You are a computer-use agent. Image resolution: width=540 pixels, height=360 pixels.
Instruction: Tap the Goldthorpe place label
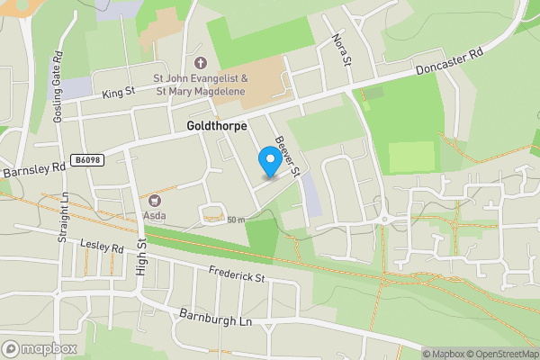pyautogui.click(x=217, y=127)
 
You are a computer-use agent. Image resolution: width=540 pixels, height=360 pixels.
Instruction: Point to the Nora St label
pyautogui.click(x=339, y=50)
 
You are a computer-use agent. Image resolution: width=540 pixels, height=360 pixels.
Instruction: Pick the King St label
pyautogui.click(x=117, y=92)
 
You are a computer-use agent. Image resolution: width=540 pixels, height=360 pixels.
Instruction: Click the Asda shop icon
pyautogui.click(x=155, y=201)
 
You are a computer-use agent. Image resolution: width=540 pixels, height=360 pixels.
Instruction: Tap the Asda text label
pyautogui.click(x=154, y=216)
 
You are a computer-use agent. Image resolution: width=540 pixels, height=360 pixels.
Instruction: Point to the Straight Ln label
pyautogui.click(x=64, y=217)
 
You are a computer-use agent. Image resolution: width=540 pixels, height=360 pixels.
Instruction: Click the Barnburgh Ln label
pyautogui.click(x=212, y=319)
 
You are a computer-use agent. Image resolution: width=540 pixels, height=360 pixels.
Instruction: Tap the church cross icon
pyautogui.click(x=200, y=65)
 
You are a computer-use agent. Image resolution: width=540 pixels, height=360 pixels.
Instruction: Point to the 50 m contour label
pyautogui.click(x=236, y=220)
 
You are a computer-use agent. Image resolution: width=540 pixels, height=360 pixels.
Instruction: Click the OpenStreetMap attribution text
pyautogui.click(x=499, y=354)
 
